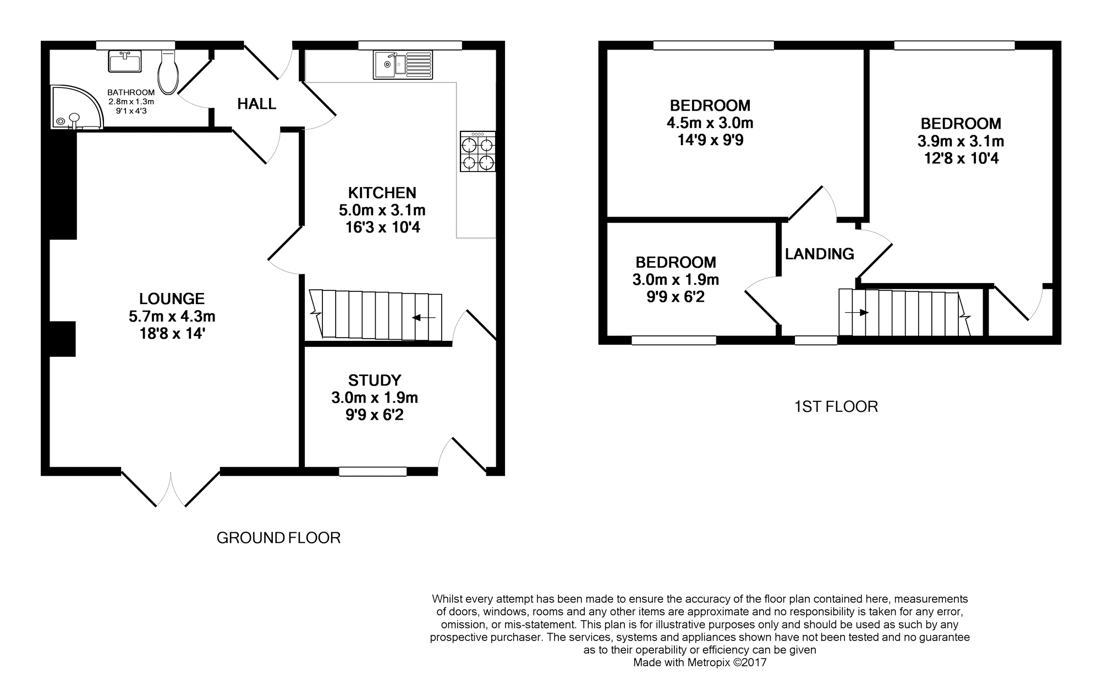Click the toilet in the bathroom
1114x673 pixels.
[x=167, y=72]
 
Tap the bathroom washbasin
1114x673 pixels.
[x=125, y=62]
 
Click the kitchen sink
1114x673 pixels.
[x=403, y=64]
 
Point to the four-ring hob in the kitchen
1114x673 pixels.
[x=478, y=151]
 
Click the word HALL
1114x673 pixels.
[x=257, y=104]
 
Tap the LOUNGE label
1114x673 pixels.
[x=172, y=299]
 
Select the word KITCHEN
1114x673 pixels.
[x=382, y=193]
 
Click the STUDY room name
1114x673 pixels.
[x=375, y=380]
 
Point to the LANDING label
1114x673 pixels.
[x=820, y=254]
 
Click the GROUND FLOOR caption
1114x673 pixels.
[x=278, y=538]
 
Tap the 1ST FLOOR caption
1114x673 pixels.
[x=836, y=407]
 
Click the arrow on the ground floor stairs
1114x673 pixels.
[x=424, y=318]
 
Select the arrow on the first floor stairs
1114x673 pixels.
[x=857, y=313]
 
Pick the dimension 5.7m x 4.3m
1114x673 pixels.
[x=172, y=317]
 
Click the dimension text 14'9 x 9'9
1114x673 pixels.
[x=710, y=140]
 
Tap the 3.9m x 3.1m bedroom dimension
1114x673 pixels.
[x=961, y=141]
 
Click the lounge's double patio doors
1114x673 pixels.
[x=171, y=487]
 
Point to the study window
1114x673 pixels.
[x=372, y=471]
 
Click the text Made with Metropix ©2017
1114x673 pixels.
[x=700, y=663]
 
